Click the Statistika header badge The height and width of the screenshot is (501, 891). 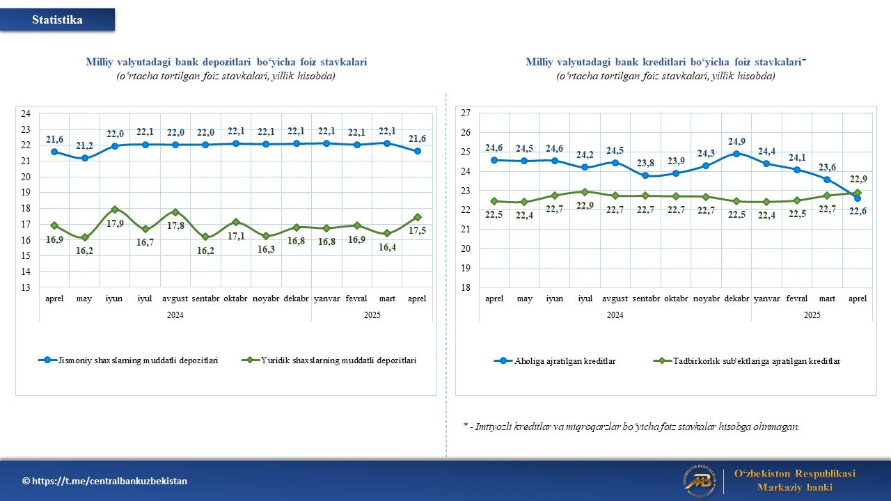[57, 19]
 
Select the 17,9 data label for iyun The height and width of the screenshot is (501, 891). [115, 223]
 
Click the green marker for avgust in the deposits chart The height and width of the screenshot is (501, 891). [175, 212]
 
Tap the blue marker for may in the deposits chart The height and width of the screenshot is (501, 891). [85, 158]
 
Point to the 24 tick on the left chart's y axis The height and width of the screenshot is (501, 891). [26, 113]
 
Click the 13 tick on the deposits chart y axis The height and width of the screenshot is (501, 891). [26, 287]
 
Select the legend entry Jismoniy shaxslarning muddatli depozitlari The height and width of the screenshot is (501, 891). [128, 360]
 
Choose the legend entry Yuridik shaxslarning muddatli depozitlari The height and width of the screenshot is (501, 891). [329, 360]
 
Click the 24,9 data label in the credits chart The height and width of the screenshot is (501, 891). [736, 141]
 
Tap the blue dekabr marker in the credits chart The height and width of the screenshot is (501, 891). [736, 154]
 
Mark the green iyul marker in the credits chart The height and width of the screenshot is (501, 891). [585, 192]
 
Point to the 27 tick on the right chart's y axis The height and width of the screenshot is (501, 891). [466, 113]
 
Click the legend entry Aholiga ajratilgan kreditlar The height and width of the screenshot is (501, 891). [555, 361]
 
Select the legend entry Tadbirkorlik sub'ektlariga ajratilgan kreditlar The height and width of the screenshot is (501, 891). [747, 361]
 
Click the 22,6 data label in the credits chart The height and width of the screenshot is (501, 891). [858, 212]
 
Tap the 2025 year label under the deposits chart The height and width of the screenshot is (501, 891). [372, 315]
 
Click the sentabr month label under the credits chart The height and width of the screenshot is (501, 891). [645, 299]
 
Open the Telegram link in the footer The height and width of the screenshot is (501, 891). [104, 481]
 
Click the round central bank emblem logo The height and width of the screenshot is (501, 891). [700, 481]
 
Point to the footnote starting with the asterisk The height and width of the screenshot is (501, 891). [631, 427]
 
